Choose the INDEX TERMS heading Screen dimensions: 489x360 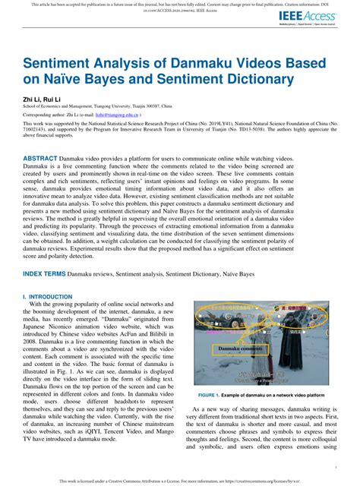click(x=45, y=271)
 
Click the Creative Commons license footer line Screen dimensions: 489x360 click(x=180, y=481)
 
